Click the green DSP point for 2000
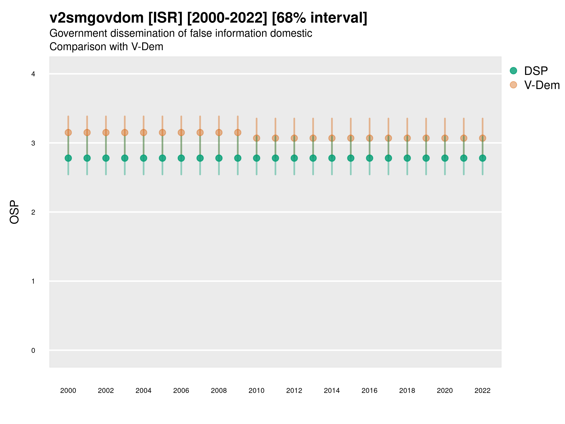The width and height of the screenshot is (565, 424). click(x=68, y=158)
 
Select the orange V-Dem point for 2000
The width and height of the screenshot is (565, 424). click(x=68, y=132)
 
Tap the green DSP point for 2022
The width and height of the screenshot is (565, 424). click(x=483, y=158)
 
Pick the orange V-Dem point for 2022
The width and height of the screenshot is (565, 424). click(x=483, y=138)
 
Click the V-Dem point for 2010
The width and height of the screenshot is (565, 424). click(x=256, y=138)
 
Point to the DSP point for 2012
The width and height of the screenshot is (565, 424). click(x=294, y=158)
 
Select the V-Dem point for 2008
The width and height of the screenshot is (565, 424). click(x=219, y=132)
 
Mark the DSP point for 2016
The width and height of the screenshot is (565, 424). click(x=370, y=158)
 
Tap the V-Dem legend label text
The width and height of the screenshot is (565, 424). click(x=542, y=85)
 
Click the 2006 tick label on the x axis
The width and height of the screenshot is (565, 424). click(x=181, y=391)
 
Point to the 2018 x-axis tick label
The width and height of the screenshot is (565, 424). click(x=407, y=391)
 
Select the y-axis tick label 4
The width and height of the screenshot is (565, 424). click(x=33, y=74)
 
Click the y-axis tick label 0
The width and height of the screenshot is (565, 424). click(x=33, y=351)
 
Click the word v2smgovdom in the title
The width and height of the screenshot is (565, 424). click(x=97, y=18)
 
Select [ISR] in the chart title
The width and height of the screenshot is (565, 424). click(x=165, y=18)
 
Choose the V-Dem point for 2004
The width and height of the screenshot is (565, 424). click(x=144, y=132)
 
